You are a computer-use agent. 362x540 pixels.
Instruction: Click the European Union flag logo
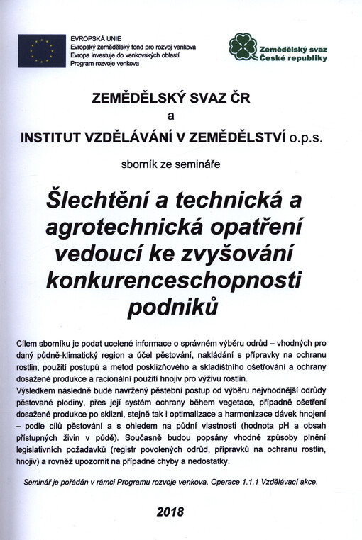pos(42,50)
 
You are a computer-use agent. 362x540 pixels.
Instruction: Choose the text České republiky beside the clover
pos(294,58)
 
